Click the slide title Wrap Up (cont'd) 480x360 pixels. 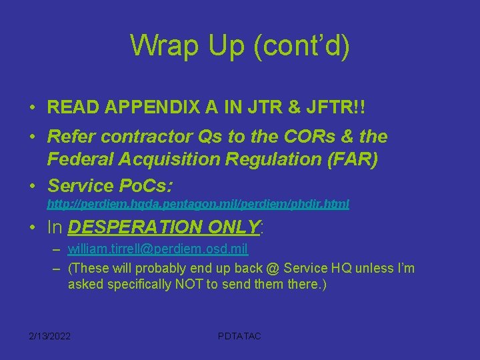(x=239, y=45)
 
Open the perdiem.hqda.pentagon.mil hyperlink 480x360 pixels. (x=198, y=204)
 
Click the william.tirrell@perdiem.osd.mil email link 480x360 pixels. (x=158, y=249)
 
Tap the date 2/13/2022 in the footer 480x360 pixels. (x=50, y=335)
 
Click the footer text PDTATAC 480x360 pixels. (x=240, y=335)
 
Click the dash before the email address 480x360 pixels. (x=57, y=250)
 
